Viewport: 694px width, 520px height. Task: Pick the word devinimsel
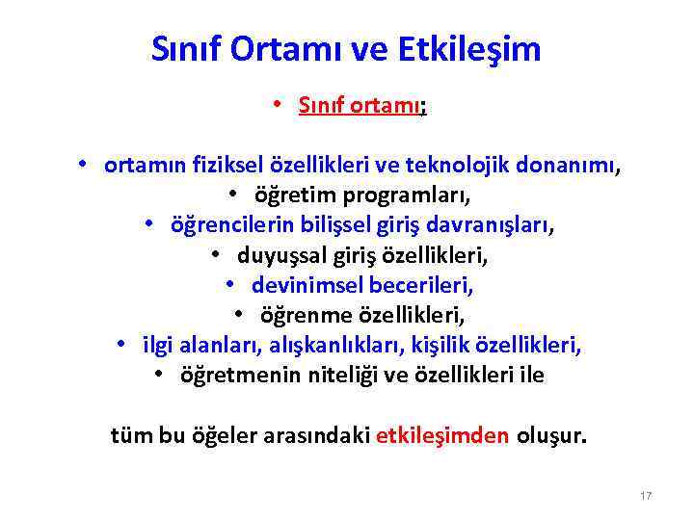tap(302, 285)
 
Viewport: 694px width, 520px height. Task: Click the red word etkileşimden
tap(442, 434)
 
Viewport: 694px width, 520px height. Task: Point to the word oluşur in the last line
tap(550, 434)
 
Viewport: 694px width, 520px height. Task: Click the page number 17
tap(646, 496)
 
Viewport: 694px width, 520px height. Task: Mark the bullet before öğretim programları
tap(235, 195)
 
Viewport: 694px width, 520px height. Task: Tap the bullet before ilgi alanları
tap(121, 345)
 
